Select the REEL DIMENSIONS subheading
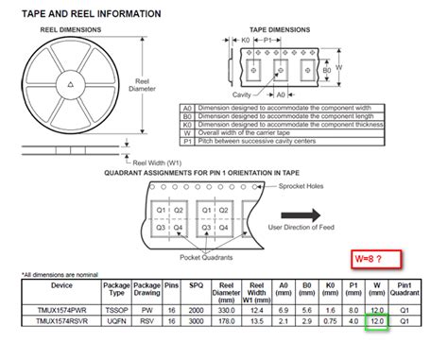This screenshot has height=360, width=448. [71, 30]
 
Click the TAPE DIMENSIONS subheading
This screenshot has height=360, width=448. [281, 30]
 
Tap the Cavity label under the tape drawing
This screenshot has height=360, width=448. [245, 95]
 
